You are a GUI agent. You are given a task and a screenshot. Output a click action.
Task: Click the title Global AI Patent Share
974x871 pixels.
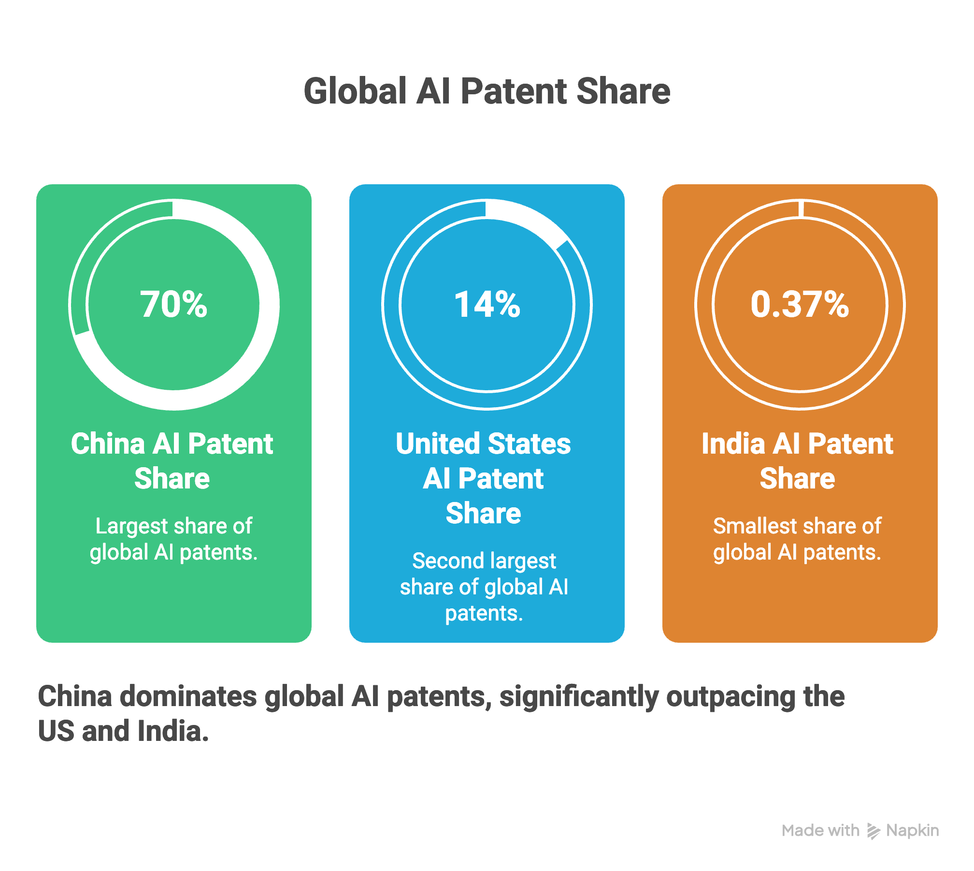coord(487,91)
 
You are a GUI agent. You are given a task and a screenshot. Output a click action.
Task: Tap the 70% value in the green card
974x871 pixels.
coord(174,305)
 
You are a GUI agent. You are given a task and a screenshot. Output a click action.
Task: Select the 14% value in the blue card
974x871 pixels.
coord(487,305)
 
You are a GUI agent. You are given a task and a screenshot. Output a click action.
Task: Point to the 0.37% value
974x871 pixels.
coord(800,305)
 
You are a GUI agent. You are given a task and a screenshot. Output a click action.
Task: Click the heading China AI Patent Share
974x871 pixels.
coord(172,461)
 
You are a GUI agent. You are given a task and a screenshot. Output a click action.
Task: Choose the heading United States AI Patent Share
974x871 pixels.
coord(483,478)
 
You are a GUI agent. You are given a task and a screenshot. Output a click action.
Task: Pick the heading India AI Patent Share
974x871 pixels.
coord(797,461)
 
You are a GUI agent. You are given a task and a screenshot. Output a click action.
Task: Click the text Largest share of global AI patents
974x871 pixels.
coord(173,539)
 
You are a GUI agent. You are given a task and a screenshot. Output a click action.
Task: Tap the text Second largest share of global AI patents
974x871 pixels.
coord(484,587)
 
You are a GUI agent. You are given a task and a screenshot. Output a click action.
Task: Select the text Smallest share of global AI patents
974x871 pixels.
coord(797,539)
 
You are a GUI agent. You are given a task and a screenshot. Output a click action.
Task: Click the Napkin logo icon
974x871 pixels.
coord(873,831)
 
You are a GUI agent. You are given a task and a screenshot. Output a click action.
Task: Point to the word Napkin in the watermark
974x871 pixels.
coord(913,831)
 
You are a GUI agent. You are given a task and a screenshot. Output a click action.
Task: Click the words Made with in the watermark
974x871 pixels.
coord(820,830)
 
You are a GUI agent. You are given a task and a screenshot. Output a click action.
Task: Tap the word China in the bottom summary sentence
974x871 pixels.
coord(75,696)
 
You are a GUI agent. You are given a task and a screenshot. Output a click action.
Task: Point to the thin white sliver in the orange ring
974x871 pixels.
coord(801,208)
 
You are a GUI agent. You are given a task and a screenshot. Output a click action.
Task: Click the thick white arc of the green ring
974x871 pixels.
coord(261,348)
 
